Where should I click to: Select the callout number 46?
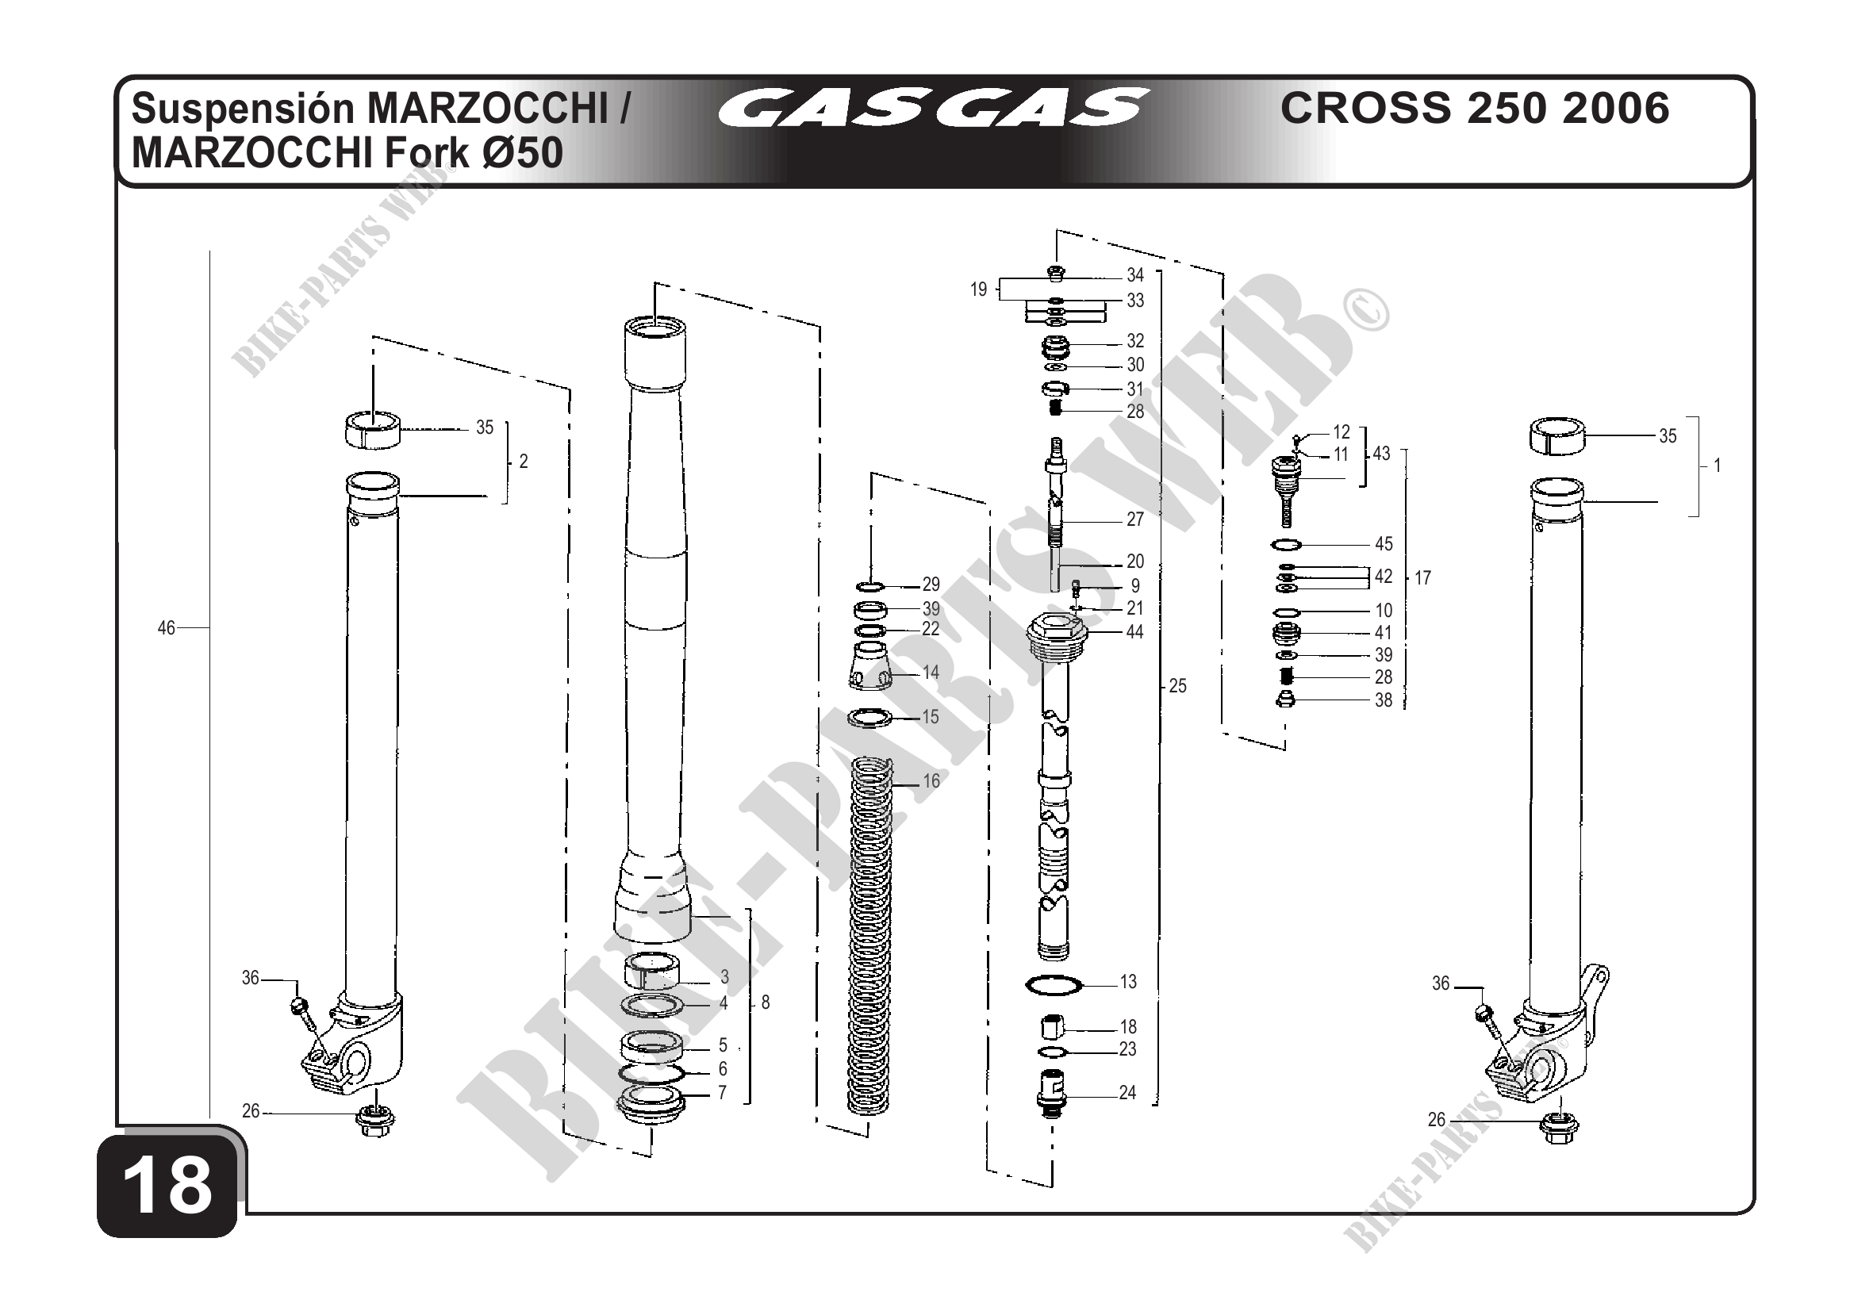coord(166,628)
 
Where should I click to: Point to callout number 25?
coord(1178,686)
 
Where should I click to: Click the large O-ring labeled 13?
coord(1053,985)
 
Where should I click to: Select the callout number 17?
coord(1422,578)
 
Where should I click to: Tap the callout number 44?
coord(1134,632)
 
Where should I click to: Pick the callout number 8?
coord(766,1002)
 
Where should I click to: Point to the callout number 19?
coord(979,289)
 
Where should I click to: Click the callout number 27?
coord(1134,520)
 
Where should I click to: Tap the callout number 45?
coord(1384,544)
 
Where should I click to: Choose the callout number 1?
coord(1718,466)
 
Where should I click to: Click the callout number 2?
coord(524,462)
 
